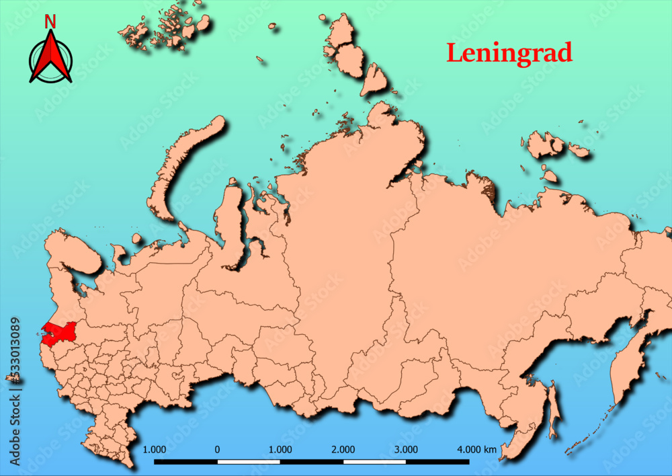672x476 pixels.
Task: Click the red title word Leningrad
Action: [509, 52]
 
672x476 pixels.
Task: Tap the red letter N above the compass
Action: [50, 22]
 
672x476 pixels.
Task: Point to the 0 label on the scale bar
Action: [217, 448]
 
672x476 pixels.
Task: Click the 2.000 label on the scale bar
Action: [343, 448]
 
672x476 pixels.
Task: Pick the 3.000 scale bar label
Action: [406, 448]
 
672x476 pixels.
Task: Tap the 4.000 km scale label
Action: [476, 448]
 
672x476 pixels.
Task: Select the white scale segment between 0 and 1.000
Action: [249, 462]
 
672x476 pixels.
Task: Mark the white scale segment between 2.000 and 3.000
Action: [374, 462]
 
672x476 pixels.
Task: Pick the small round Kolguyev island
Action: [137, 239]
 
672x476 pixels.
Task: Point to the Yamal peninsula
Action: [231, 222]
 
